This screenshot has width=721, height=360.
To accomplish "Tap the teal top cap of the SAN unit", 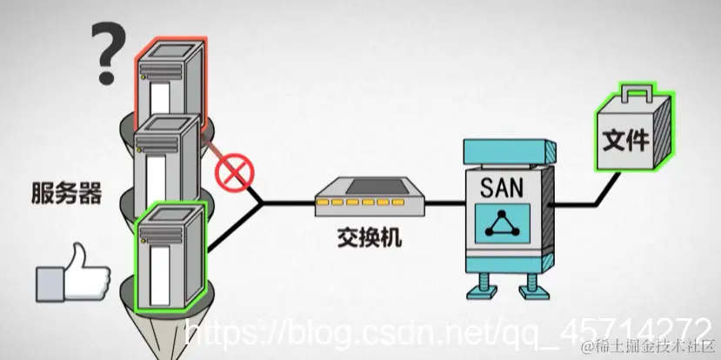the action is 504,150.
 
